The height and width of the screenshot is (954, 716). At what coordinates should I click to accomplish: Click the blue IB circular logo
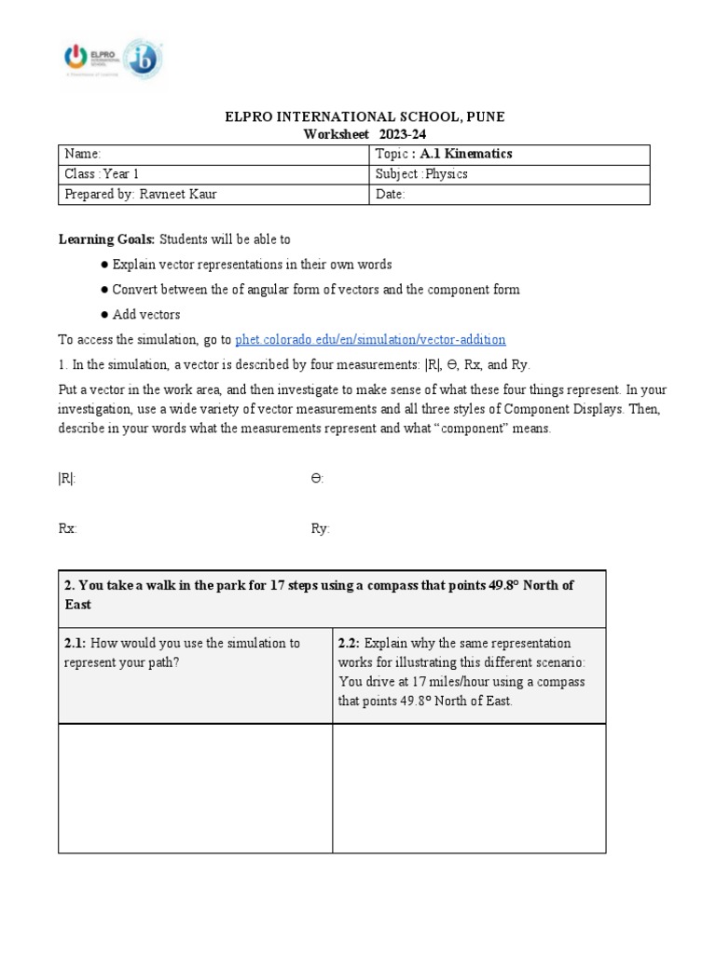143,59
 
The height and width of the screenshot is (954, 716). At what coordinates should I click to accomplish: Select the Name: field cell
213,154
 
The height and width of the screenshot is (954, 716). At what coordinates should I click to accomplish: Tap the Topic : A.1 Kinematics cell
509,154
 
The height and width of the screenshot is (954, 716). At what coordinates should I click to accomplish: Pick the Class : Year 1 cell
213,174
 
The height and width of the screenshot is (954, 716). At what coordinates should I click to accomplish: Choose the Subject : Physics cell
509,174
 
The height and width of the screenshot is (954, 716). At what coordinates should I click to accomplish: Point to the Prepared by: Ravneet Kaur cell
213,194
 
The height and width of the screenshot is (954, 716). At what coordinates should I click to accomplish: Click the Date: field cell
509,194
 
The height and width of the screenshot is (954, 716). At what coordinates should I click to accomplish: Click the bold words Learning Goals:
100,239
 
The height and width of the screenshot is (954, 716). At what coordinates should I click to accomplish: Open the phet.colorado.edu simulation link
370,339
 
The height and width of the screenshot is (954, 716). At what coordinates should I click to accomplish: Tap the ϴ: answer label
317,478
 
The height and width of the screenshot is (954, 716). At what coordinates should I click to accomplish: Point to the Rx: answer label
67,528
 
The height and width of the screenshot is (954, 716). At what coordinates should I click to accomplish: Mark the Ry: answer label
320,528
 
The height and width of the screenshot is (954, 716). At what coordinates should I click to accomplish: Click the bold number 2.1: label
75,644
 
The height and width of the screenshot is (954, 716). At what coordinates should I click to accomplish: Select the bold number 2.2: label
349,644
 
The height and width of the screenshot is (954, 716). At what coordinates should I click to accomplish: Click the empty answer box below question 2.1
195,788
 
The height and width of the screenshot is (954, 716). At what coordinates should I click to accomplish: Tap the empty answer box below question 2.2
469,788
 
